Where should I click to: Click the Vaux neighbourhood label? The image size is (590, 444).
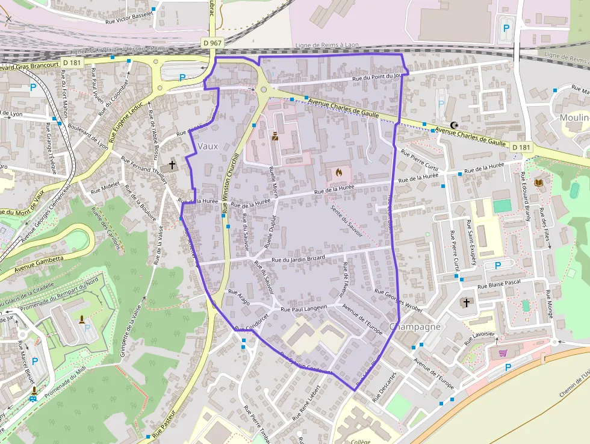tap(208, 146)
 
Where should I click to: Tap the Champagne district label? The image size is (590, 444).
tap(415, 327)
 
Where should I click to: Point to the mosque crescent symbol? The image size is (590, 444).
tap(454, 125)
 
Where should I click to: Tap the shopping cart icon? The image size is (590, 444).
tap(502, 354)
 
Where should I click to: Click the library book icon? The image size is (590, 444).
tap(538, 182)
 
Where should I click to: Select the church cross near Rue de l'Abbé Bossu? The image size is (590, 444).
tap(172, 164)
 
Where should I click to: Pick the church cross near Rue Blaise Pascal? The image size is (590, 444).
tap(466, 302)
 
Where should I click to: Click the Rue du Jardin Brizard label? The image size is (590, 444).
tap(299, 258)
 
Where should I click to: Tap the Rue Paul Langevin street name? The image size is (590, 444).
tap(304, 308)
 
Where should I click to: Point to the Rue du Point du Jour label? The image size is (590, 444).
tap(377, 77)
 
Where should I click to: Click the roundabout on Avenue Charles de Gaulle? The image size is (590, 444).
tap(264, 90)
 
